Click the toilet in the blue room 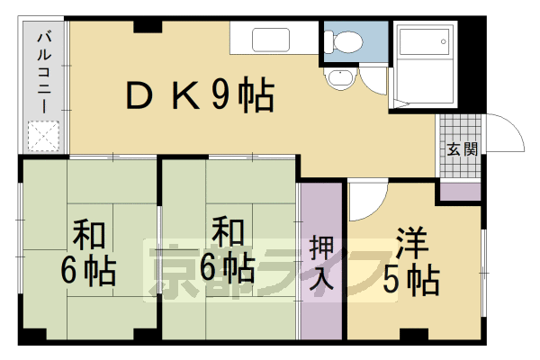pos(344,40)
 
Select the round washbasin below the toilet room pos(339,79)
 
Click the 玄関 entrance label pos(459,148)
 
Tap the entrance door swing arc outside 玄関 pos(504,135)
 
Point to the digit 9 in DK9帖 pos(218,95)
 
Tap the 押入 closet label pos(321,262)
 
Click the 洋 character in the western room pos(413,246)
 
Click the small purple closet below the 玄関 pos(459,191)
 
